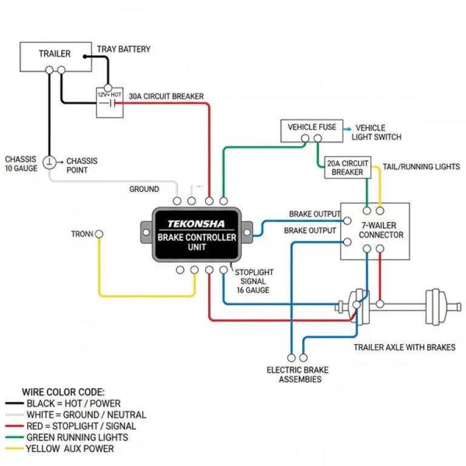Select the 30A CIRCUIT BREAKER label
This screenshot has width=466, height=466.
pos(166,96)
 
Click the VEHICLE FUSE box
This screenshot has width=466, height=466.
pos(311,131)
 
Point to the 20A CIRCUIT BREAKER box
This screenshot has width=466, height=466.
pos(348,167)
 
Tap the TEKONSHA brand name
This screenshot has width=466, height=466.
pos(196,224)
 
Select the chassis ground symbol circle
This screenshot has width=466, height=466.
pos(50,162)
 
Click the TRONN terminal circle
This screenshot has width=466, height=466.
pos(99,234)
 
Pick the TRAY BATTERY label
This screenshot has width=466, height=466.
pos(124,49)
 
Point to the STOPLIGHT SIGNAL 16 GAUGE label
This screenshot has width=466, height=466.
pos(254,281)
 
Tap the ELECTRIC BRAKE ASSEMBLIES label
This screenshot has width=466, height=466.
pos(294,374)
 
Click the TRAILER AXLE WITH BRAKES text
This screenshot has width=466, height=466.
pos(404,347)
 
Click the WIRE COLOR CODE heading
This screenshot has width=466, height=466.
pos(63,392)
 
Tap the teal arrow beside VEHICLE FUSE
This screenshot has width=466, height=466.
pos(348,129)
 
